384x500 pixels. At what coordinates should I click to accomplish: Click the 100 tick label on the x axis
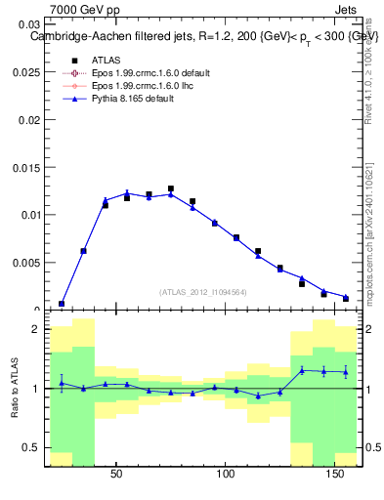(227, 476)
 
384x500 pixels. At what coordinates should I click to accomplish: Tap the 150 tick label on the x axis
(335, 476)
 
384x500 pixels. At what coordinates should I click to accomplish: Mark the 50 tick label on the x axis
(116, 476)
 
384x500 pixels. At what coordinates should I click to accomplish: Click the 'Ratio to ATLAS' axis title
(14, 389)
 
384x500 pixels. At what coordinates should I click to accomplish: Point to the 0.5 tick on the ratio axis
(33, 448)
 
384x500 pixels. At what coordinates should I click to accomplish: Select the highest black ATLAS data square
(171, 189)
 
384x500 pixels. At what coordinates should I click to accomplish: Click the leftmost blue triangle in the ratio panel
(62, 383)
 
